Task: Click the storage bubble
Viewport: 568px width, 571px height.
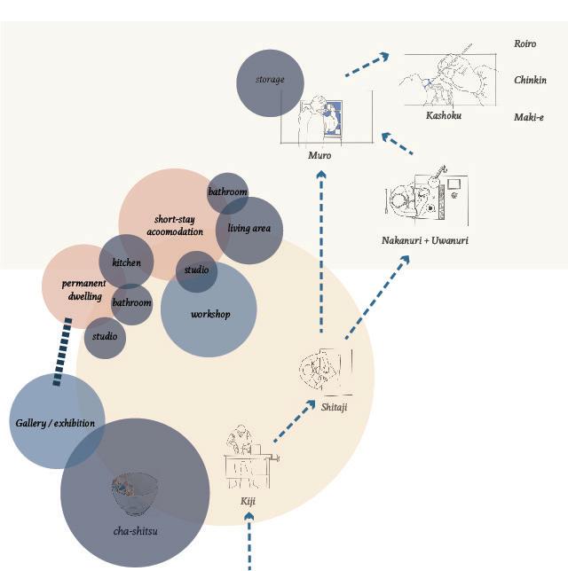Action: [270, 82]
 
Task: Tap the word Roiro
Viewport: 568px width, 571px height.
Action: [525, 43]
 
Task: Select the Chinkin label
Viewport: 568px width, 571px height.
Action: [530, 80]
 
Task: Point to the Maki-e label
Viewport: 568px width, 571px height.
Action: [529, 117]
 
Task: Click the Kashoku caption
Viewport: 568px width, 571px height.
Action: [443, 115]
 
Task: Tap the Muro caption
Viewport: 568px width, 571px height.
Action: [319, 155]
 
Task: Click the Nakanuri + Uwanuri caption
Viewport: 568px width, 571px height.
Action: [425, 240]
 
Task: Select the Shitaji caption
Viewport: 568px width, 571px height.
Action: [334, 407]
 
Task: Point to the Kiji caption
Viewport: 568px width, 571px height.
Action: [248, 501]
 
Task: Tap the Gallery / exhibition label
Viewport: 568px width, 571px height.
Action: [55, 423]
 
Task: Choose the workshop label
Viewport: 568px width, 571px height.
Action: [210, 314]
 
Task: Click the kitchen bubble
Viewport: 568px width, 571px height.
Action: [126, 262]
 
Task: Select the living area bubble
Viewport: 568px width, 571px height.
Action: [249, 229]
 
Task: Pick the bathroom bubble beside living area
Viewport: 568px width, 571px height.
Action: [227, 192]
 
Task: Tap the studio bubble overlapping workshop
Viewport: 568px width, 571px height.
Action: [196, 270]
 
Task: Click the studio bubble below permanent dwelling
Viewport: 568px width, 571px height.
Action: [105, 337]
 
